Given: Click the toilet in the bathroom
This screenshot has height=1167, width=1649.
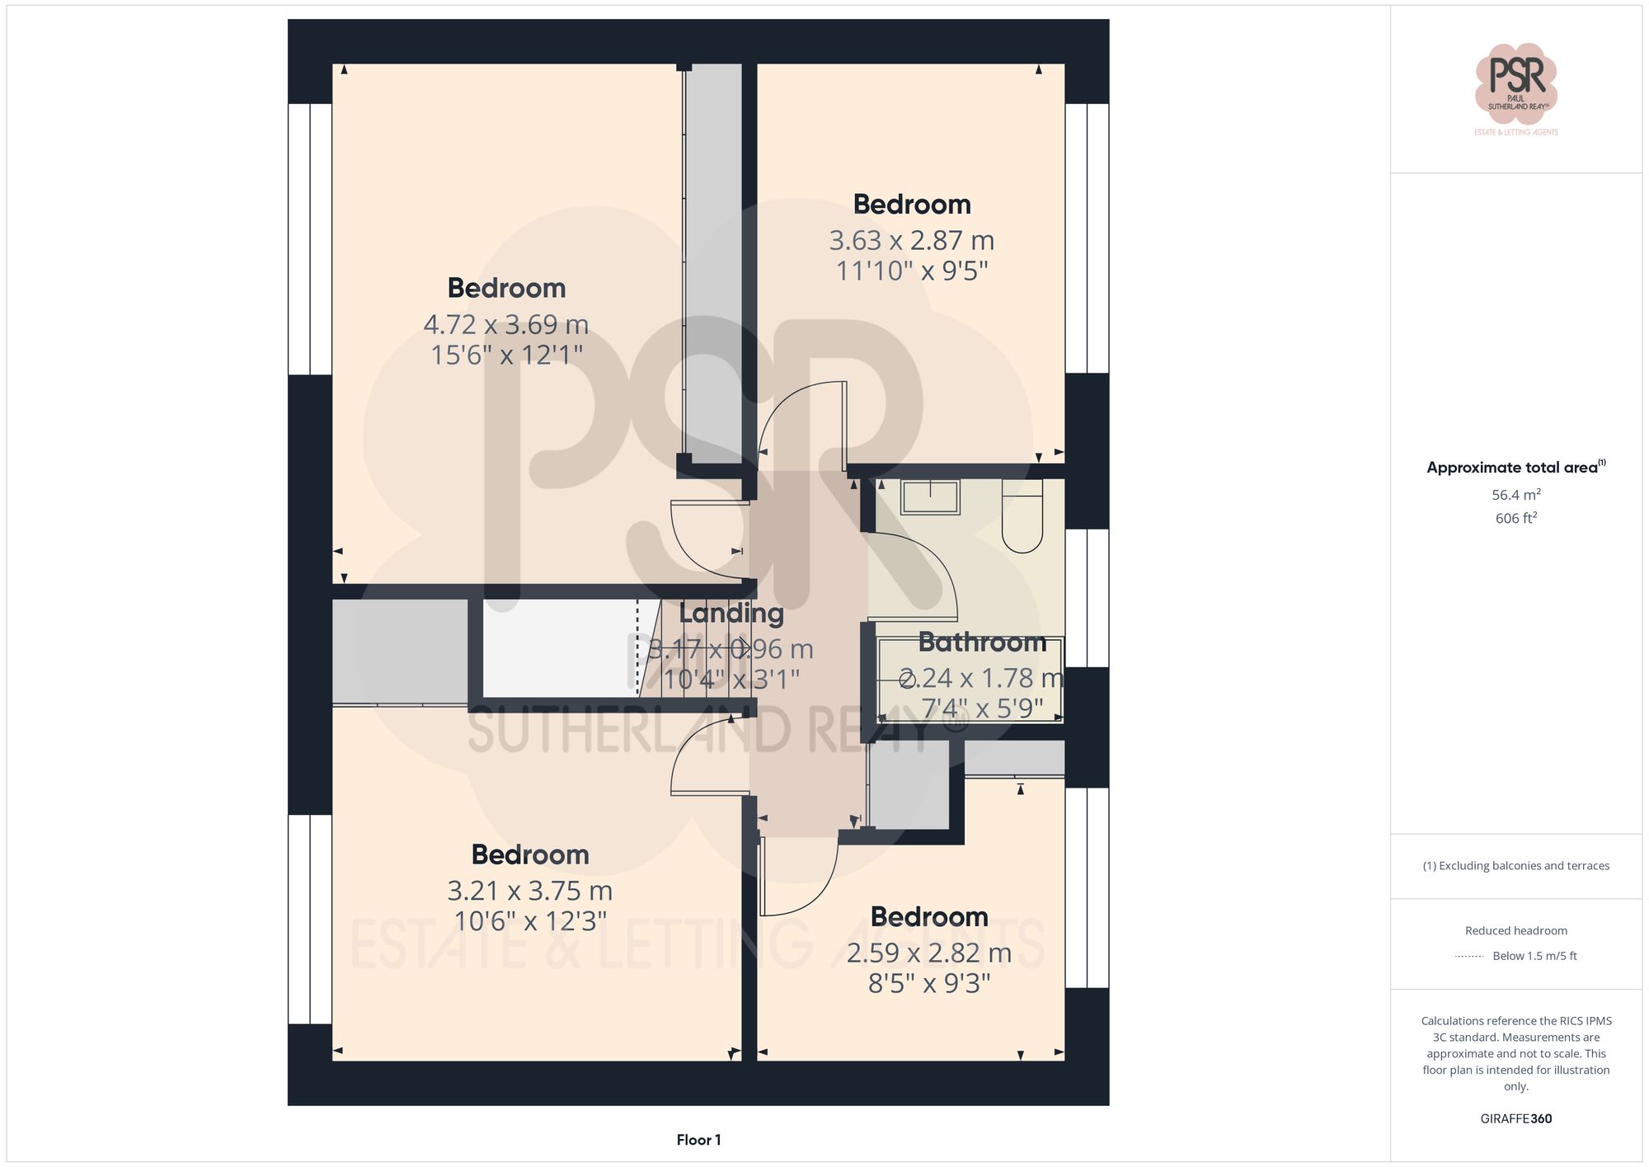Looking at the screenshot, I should coord(1022,518).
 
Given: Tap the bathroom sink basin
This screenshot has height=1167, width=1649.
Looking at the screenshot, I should coord(930,497).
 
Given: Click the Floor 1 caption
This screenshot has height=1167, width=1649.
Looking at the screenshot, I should coord(698,1140).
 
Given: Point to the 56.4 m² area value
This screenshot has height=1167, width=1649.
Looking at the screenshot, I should coord(1515,495).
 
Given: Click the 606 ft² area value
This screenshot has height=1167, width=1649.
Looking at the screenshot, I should coord(1515,518).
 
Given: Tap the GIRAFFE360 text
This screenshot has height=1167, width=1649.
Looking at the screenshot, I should coord(1515,1118).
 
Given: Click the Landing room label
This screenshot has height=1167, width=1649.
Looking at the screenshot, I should coord(731,613).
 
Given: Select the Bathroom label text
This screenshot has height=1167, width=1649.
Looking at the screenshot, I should coord(981,642).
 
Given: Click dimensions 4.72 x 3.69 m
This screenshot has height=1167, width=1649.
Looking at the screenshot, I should coord(505,324).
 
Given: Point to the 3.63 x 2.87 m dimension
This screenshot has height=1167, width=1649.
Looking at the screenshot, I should coord(911,241).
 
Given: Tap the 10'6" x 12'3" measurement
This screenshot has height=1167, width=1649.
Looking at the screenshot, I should coord(530,921).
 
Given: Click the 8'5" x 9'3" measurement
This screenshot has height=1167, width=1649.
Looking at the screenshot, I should coord(928,983).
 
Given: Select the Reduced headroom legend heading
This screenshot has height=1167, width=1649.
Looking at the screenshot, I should coord(1515,930).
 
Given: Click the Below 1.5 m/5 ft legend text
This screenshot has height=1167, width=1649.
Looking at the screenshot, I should coord(1534,956).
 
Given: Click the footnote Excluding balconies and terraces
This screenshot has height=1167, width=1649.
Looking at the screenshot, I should coord(1515,866).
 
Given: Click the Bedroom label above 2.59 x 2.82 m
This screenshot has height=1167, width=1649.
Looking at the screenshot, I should coord(928,916).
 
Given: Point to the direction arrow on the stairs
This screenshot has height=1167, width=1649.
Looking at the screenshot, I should coord(741,647).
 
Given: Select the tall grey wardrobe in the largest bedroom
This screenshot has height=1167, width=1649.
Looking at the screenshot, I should coord(713,264).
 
